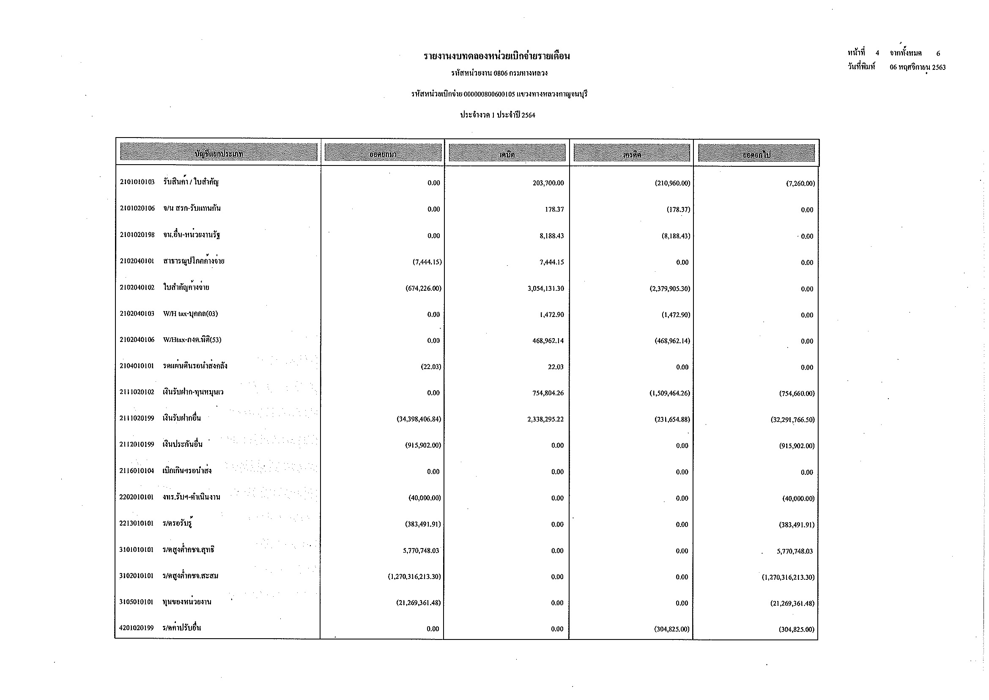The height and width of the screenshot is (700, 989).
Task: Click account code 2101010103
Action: [137, 182]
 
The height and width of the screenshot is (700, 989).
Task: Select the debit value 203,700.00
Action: [548, 183]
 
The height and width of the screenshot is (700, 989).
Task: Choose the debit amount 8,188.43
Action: [551, 236]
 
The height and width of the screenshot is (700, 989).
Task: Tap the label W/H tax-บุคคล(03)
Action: [190, 314]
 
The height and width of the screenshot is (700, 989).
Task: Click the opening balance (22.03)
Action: [431, 367]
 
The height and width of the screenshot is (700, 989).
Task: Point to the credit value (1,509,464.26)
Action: [670, 393]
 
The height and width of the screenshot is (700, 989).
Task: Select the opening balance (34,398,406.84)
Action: [419, 419]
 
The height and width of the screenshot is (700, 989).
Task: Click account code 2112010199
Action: [137, 444]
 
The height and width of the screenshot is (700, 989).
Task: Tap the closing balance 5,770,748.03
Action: [795, 551]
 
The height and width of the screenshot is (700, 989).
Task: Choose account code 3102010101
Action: [136, 576]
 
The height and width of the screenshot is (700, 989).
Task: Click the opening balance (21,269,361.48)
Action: [419, 603]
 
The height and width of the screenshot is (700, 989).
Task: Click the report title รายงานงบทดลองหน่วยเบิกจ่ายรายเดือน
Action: [497, 56]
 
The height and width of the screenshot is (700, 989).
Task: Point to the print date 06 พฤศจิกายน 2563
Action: [918, 67]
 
